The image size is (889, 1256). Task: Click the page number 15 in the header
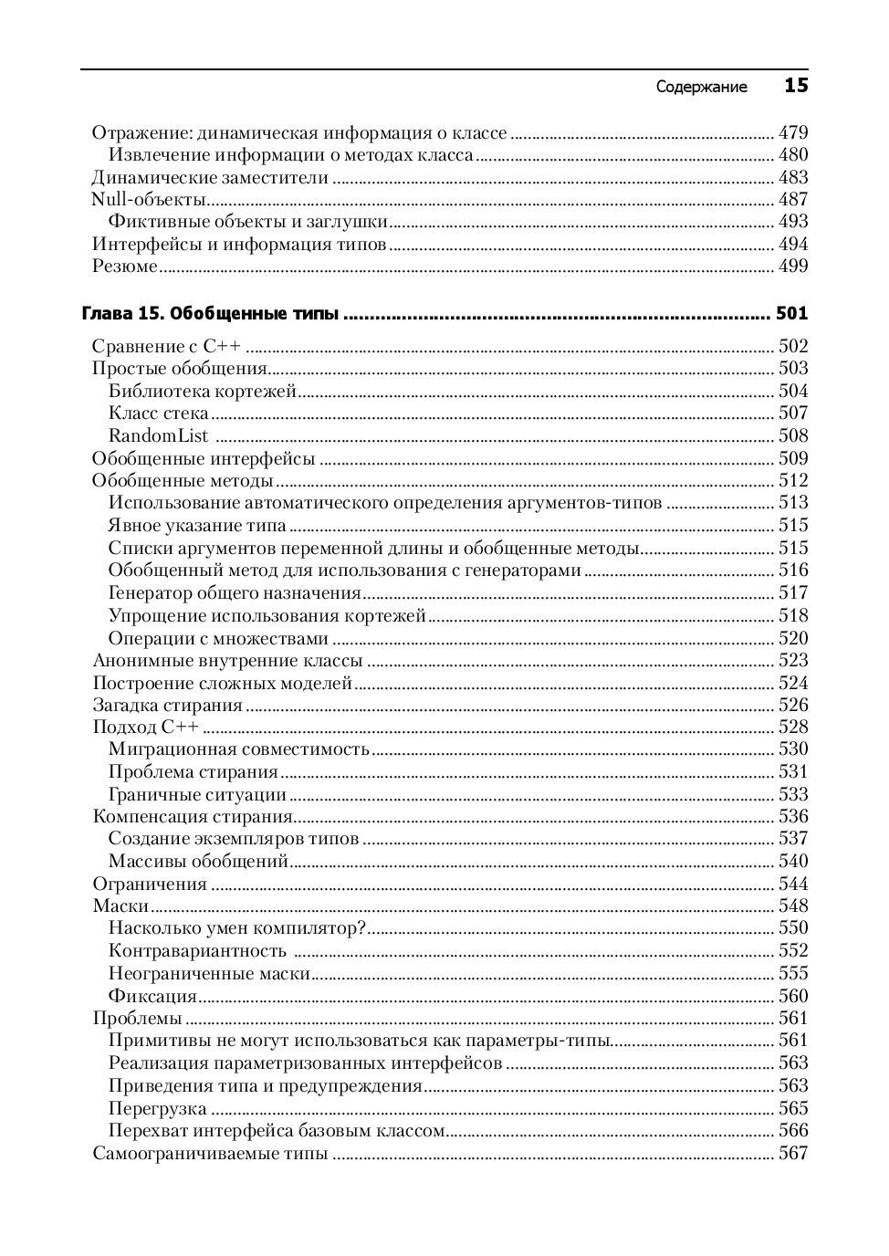pos(795,86)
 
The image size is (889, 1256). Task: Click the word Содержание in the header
pos(701,88)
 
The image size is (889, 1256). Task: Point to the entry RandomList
pos(158,436)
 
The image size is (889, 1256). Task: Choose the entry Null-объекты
pos(149,200)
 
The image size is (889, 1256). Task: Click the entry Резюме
pos(125,267)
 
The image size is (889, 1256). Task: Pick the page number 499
pos(793,267)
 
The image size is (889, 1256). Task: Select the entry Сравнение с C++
pos(170,347)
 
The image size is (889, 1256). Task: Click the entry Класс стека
pos(158,413)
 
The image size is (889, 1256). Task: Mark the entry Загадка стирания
pos(168,706)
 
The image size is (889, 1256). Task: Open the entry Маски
pos(120,906)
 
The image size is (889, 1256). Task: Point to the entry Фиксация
pos(152,996)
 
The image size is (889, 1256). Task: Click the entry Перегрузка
pos(157,1109)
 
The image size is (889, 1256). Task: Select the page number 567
pos(793,1154)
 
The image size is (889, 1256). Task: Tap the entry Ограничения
pos(150,884)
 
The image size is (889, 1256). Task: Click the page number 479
pos(793,132)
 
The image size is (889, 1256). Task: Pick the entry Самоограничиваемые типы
pos(210,1154)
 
